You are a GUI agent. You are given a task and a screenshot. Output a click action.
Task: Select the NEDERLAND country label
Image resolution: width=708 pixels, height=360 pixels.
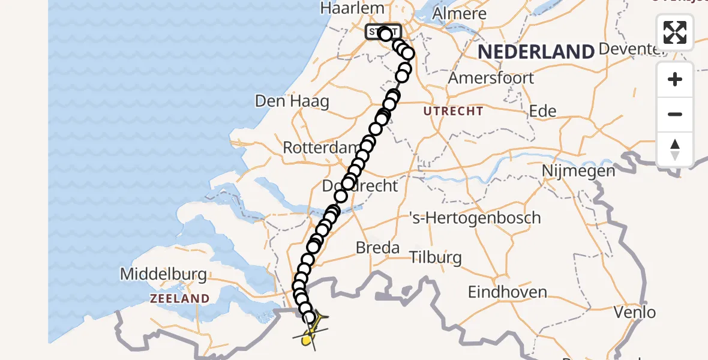(536, 52)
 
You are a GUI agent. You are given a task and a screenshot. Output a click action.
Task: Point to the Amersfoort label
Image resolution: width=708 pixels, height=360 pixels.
(491, 78)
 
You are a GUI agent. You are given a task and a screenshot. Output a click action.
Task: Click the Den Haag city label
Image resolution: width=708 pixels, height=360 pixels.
(292, 101)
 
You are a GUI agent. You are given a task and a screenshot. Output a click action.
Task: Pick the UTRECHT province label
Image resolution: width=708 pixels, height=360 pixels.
(453, 111)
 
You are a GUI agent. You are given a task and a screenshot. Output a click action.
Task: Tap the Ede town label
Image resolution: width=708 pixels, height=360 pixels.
(542, 111)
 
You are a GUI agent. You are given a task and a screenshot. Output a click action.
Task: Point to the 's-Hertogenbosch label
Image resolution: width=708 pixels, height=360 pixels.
(474, 217)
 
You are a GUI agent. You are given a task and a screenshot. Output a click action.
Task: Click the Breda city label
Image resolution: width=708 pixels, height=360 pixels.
(377, 247)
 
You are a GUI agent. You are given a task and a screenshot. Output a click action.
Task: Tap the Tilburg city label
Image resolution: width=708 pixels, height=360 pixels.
(436, 258)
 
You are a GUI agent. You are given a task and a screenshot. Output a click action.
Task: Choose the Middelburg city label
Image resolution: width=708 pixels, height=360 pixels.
(163, 275)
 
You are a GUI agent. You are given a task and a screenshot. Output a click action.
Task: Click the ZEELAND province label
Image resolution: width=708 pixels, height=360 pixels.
(179, 298)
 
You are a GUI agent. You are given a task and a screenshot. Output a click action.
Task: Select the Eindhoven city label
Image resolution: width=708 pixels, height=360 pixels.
(507, 292)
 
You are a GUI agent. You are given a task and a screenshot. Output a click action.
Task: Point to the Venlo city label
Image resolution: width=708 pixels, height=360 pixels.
(635, 312)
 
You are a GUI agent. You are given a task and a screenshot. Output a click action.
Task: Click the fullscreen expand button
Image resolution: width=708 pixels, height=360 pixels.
(675, 32)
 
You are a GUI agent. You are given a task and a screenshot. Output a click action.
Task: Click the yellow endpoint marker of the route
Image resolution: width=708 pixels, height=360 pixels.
(306, 340)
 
